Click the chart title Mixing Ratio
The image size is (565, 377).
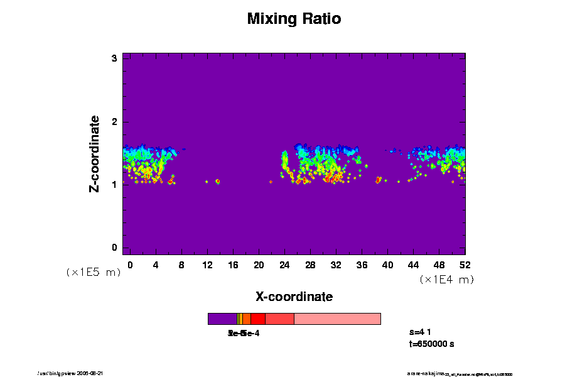pos(294,19)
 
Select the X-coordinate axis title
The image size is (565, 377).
pos(294,297)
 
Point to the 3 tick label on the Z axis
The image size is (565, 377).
pos(114,58)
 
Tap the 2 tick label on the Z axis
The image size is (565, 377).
pos(114,121)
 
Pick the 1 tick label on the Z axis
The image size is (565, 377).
pos(114,184)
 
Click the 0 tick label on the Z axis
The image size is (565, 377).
pos(114,247)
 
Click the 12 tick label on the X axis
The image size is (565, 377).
pos(207,265)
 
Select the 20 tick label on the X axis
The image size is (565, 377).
pos(259,265)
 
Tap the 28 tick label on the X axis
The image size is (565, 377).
pos(310,265)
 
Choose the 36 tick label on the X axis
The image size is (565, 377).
pos(362,265)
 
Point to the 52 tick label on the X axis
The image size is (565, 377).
pos(465,265)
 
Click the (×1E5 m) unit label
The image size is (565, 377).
pos(93,272)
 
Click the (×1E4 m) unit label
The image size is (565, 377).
pos(446,280)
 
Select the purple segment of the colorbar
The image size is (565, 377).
pos(222,319)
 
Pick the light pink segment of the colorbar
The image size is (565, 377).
pos(337,319)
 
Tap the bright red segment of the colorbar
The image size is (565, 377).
pos(257,319)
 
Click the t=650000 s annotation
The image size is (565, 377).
pos(431,344)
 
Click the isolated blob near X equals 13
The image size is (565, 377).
pos(217,182)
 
